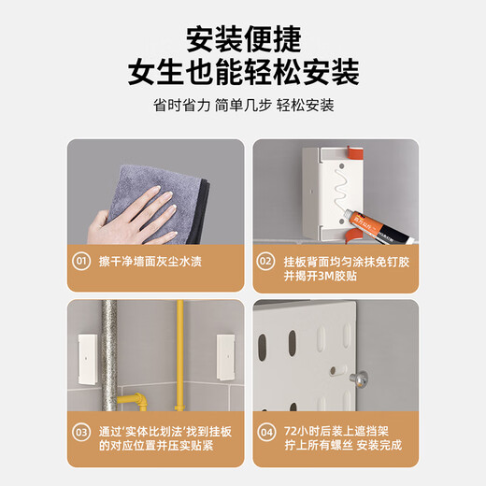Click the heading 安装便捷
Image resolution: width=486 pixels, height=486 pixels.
pyautogui.click(x=243, y=39)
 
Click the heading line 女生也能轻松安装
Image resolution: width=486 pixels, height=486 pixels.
pyautogui.click(x=243, y=73)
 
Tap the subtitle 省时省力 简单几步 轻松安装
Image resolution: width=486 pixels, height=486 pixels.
pyautogui.click(x=243, y=106)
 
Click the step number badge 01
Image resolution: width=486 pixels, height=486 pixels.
pyautogui.click(x=82, y=263)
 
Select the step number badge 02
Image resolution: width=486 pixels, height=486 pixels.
pyautogui.click(x=267, y=263)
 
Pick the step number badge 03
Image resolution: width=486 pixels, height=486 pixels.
pyautogui.click(x=82, y=432)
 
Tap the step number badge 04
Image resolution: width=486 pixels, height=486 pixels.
pyautogui.click(x=267, y=432)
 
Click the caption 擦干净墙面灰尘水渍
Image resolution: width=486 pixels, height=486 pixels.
pyautogui.click(x=150, y=263)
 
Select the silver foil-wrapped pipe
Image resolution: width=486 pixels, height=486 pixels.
pyautogui.click(x=109, y=355)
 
